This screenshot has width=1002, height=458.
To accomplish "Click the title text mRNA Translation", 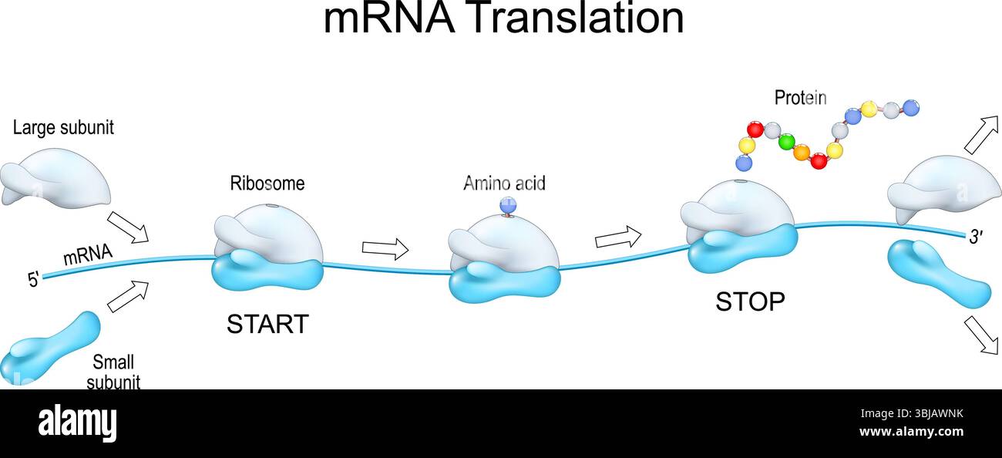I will point(503,19).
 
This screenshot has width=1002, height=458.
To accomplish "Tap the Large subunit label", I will point(63,128).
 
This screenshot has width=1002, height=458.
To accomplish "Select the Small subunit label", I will point(113,371).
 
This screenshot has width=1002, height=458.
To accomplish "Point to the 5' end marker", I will point(33,280).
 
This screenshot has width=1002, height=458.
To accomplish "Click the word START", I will point(267,324).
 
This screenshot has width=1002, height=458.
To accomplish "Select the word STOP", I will point(750,302).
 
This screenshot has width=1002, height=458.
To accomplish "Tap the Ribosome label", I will point(267,184).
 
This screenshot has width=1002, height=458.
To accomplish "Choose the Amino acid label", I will point(504,184).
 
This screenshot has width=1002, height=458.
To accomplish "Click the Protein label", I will point(800,98).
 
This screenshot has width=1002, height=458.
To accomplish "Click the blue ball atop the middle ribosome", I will point(507,204).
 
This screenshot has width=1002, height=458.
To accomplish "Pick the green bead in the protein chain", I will point(786,142).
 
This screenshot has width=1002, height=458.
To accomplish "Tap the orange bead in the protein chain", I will point(802,153).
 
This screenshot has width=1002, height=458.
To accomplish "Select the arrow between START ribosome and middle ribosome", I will point(385,248).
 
